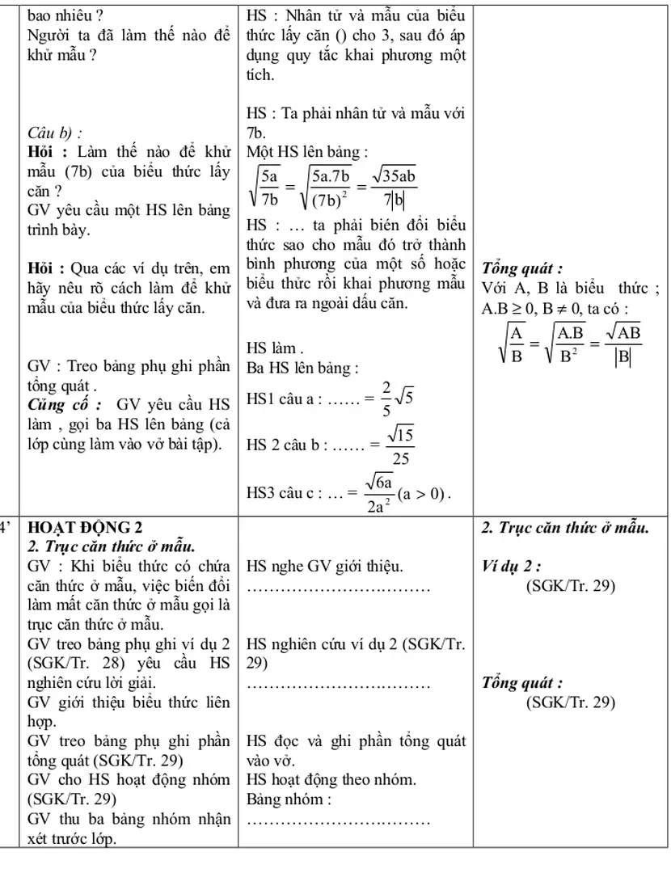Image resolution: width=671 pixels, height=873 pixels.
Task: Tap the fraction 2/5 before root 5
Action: [386, 398]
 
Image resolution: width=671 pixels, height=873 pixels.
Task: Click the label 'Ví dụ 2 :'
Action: [510, 566]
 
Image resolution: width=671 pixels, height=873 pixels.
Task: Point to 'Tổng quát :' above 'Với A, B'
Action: [522, 268]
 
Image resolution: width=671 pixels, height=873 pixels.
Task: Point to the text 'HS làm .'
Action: [275, 350]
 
